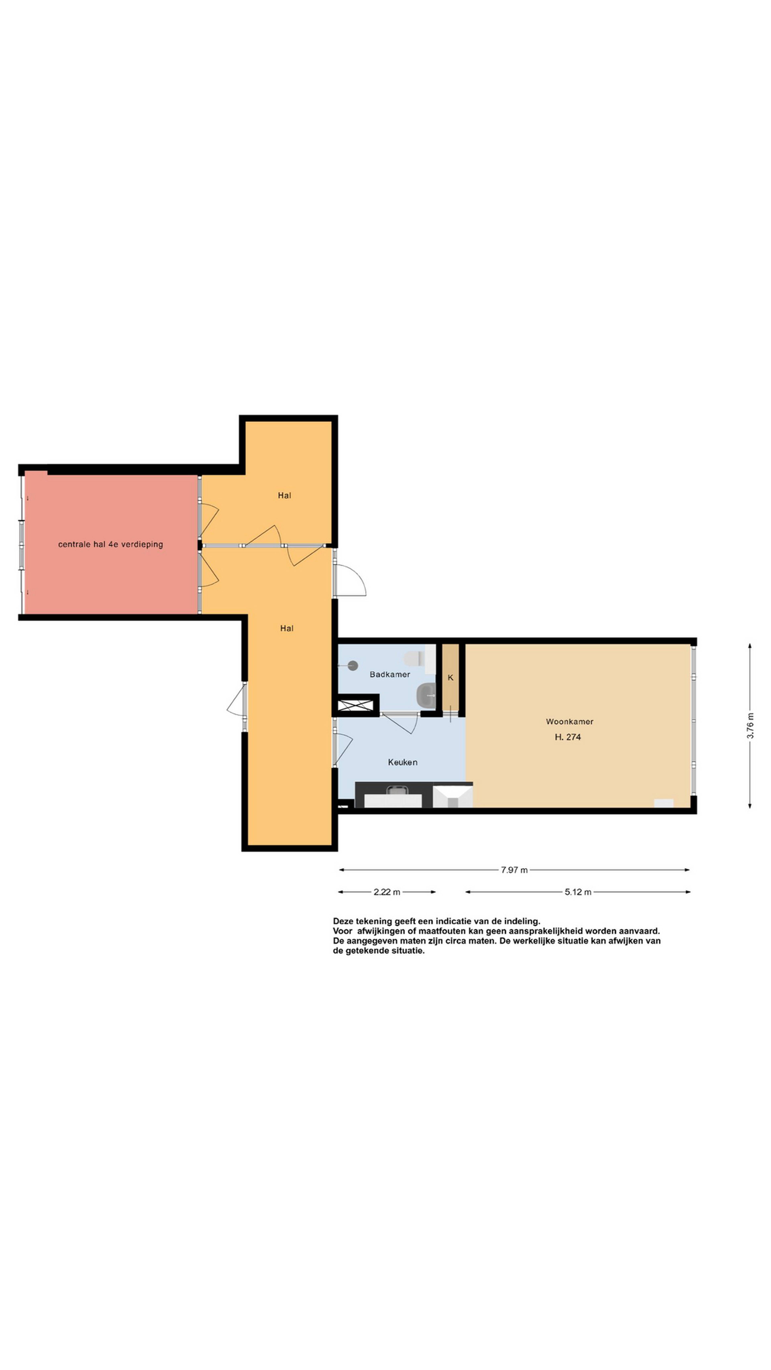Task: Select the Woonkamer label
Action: point(569,722)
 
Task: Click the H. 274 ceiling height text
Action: point(568,737)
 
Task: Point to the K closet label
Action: point(450,678)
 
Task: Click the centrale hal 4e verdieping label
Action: point(111,545)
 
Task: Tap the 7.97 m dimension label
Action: point(514,870)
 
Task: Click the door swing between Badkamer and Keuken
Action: point(400,723)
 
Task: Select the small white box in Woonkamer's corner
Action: point(664,804)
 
